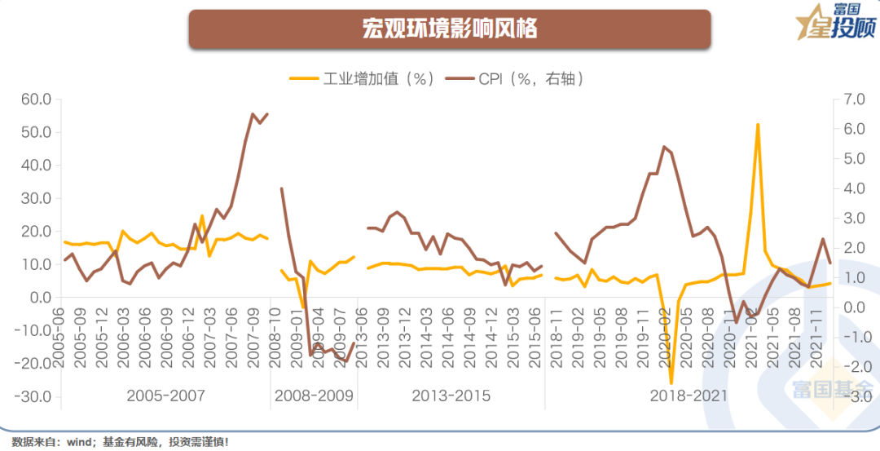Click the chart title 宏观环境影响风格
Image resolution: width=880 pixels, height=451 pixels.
pyautogui.click(x=450, y=29)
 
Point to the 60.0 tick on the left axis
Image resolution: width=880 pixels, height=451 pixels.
pyautogui.click(x=35, y=99)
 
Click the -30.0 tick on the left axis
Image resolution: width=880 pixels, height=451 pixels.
pyautogui.click(x=35, y=397)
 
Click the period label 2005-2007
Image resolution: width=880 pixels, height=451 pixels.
pyautogui.click(x=166, y=396)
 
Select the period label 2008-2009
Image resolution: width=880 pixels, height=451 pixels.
pyautogui.click(x=315, y=396)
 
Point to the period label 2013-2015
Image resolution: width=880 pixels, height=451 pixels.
pyautogui.click(x=451, y=396)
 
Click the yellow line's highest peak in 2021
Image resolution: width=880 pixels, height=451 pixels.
pyautogui.click(x=758, y=125)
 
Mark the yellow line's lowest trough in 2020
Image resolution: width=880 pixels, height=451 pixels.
pyautogui.click(x=671, y=382)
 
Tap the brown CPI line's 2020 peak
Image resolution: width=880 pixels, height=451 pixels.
pyautogui.click(x=664, y=147)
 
